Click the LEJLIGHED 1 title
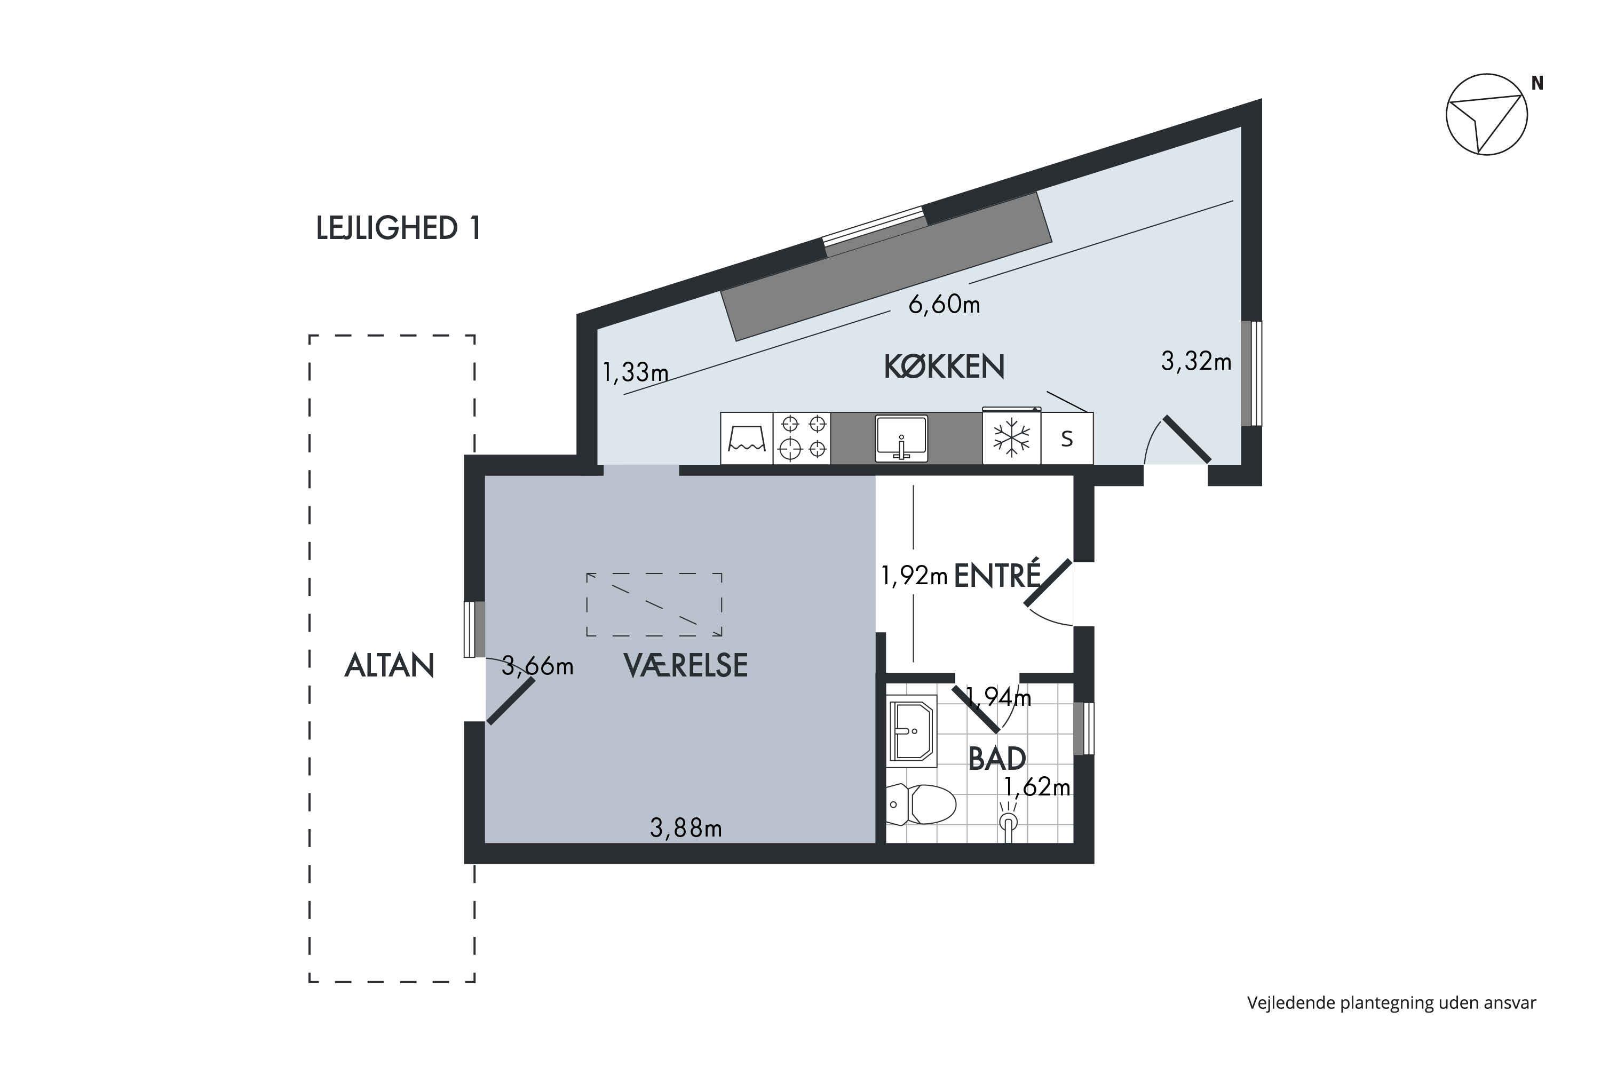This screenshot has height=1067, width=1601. coord(399,228)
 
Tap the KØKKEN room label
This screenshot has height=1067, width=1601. coord(944,367)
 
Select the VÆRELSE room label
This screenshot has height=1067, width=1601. coord(685,665)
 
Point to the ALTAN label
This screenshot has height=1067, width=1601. coord(390,665)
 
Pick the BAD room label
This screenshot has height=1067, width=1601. coord(997,759)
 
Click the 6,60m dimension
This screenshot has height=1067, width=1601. coord(944,304)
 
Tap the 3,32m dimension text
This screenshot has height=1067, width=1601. coord(1196,361)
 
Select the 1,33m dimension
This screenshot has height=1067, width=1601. coord(635,372)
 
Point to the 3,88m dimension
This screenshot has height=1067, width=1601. coord(685,828)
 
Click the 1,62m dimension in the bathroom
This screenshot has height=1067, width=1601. coord(1037,787)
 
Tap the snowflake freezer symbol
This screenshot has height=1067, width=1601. coord(1011,437)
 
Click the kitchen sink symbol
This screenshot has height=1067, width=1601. coord(901,438)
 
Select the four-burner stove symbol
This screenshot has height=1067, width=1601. coord(803,438)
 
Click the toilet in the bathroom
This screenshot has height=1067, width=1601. coord(921,805)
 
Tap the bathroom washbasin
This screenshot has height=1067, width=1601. coord(912,731)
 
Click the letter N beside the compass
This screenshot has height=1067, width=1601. coord(1537,83)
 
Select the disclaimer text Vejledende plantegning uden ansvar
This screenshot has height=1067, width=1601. coord(1391,1003)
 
